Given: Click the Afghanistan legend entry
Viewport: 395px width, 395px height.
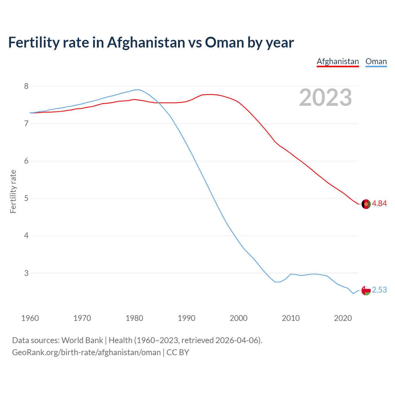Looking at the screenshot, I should click(338, 61).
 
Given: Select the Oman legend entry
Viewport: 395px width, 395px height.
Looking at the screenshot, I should click(376, 61).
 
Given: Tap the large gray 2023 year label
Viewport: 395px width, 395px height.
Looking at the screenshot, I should click(325, 98).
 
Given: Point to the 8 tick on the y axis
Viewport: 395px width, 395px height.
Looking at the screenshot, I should click(26, 86).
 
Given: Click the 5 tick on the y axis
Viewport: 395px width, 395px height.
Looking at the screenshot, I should click(26, 198).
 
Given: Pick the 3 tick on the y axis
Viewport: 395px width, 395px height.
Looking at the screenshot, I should click(26, 273).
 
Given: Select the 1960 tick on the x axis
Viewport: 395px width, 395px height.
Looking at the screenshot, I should click(30, 318).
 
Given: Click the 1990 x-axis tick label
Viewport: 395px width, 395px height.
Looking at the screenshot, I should click(186, 318).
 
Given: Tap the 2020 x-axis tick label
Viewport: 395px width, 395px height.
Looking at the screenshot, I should click(343, 318).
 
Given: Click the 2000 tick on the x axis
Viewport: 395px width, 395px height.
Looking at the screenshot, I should click(239, 318).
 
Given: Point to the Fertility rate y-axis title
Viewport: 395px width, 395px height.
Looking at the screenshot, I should click(13, 191).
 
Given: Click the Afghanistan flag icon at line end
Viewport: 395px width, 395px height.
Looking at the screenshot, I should click(366, 204).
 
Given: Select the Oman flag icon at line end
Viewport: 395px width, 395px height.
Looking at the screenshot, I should click(366, 290).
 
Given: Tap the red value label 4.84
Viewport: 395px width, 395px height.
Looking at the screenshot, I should click(379, 203).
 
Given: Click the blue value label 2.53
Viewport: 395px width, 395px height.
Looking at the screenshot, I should click(379, 290).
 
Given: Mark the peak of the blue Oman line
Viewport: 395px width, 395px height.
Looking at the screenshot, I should click(139, 89).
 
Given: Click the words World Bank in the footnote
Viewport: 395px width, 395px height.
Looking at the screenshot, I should click(82, 340).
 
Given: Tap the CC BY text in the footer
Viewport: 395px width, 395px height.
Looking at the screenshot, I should click(178, 352).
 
